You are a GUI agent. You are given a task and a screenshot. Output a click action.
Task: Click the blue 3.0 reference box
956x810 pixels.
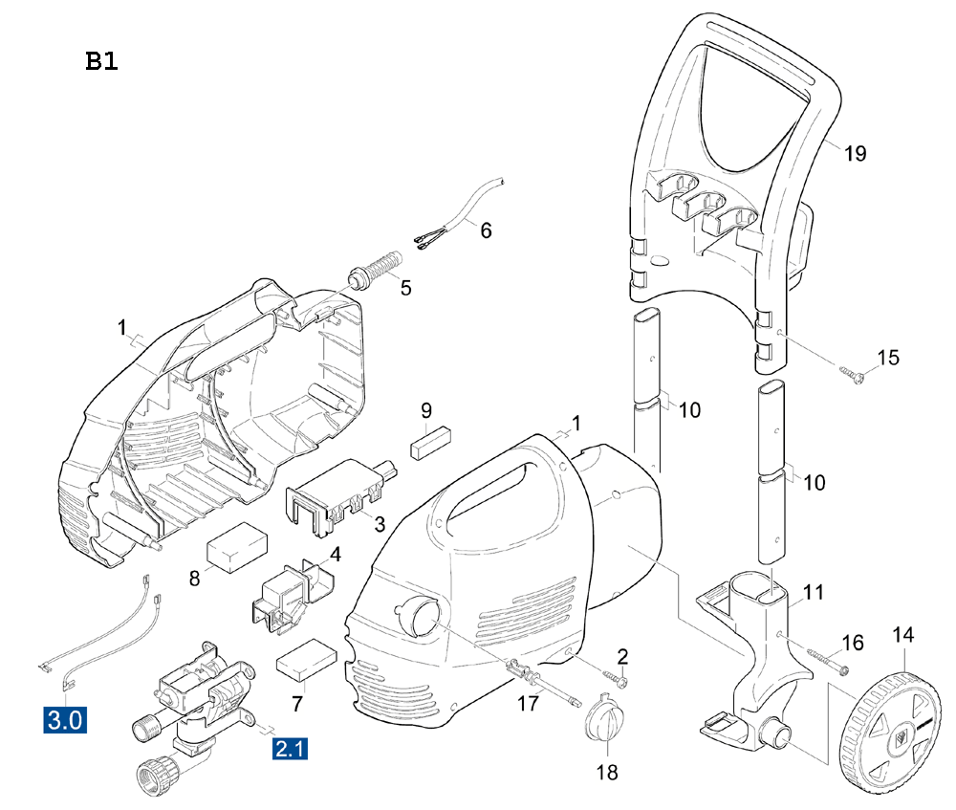(65, 720)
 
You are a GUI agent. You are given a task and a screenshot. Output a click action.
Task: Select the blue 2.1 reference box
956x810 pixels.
(290, 748)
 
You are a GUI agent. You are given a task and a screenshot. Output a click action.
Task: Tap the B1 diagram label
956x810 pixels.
(101, 61)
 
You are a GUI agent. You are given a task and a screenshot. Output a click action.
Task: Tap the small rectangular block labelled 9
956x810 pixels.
(431, 442)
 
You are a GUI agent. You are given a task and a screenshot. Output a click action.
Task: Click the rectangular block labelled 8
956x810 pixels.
(237, 547)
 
